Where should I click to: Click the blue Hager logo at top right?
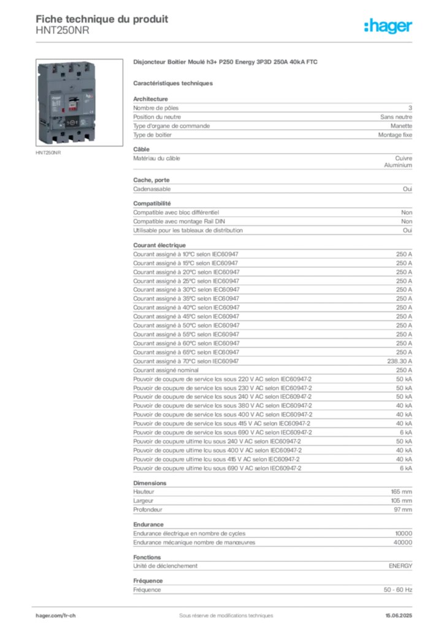tap(389, 26)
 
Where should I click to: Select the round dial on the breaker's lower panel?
tap(71, 121)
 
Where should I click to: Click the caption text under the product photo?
tap(49, 154)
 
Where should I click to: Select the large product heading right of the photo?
tap(226, 63)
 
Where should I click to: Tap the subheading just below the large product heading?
tap(174, 82)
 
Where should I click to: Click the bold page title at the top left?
tap(102, 17)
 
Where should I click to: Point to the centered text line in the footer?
tap(221, 611)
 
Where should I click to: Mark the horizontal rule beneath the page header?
tap(225, 42)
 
